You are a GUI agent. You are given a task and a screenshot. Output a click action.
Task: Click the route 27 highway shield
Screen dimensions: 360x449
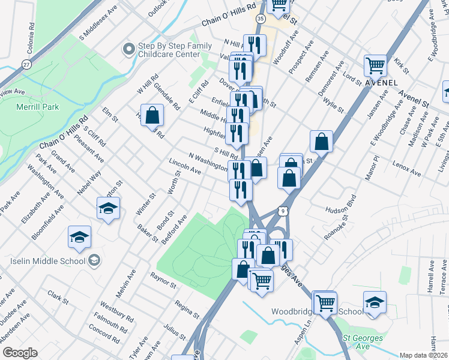[26, 64]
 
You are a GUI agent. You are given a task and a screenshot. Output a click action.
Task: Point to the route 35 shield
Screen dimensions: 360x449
[260, 19]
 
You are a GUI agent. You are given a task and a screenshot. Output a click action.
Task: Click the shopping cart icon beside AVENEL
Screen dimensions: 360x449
[375, 65]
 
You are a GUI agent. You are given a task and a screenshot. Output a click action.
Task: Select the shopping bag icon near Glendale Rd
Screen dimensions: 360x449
[153, 115]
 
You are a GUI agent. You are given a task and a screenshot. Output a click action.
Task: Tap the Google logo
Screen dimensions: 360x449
[20, 353]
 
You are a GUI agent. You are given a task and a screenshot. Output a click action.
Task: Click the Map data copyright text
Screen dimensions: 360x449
[424, 355]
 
